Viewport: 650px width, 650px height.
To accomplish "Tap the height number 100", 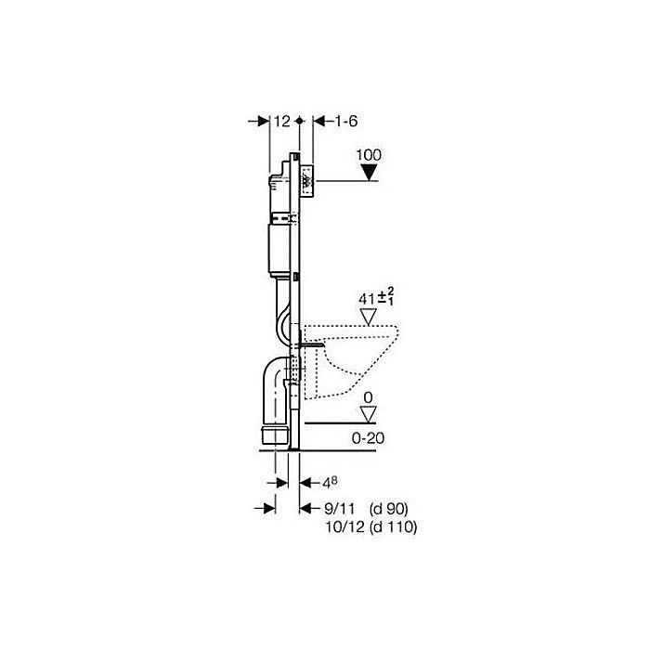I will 369,155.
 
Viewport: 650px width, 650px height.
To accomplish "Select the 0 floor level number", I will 368,397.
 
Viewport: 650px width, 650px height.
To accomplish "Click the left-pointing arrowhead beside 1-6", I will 318,121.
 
